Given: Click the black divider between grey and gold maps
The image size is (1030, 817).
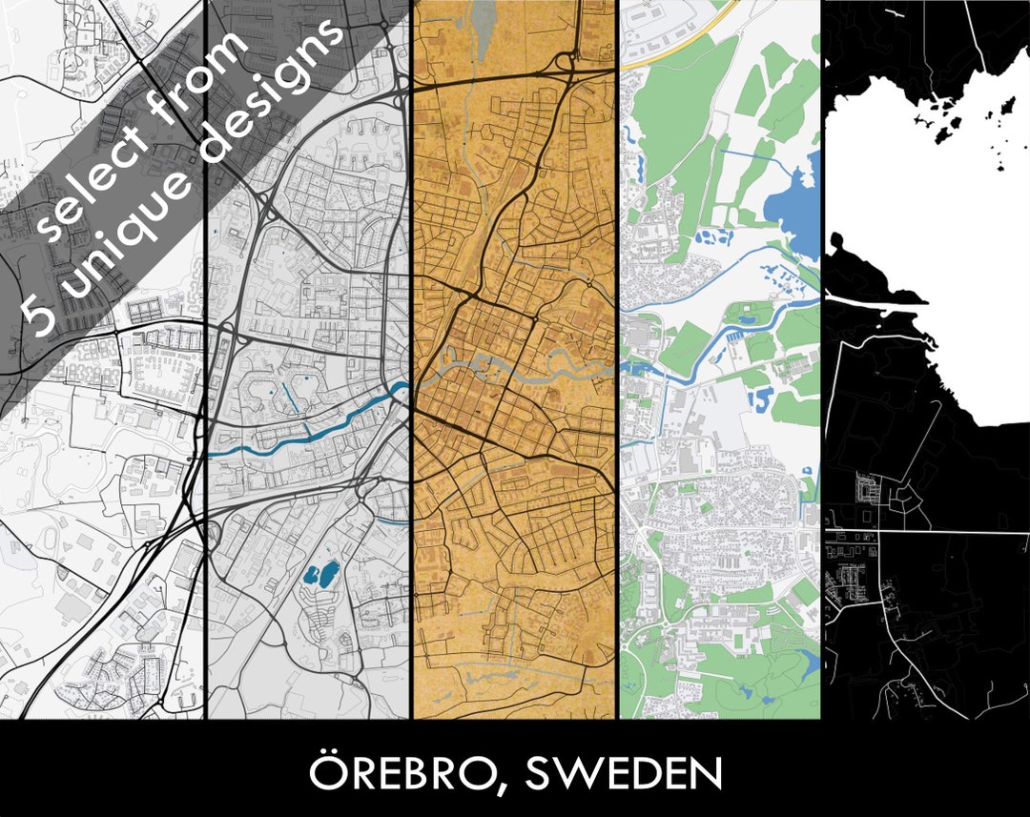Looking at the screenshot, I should point(411,381).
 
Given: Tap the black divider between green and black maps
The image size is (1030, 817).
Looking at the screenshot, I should point(821,381).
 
